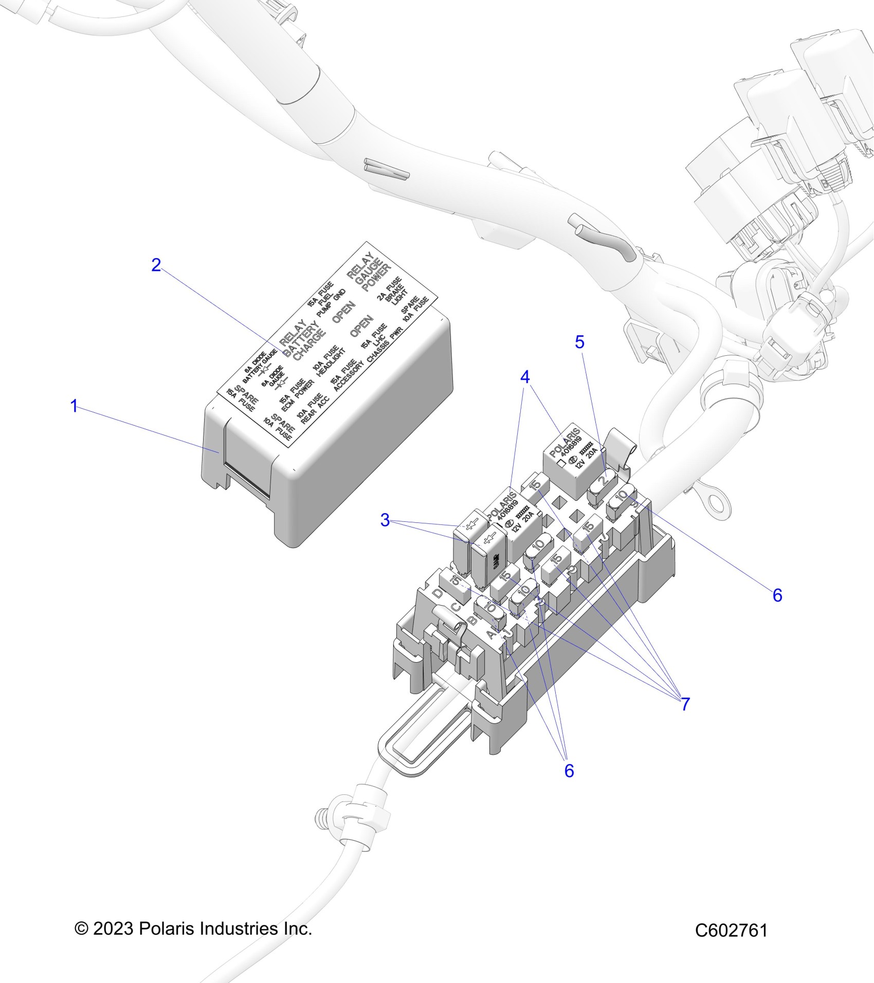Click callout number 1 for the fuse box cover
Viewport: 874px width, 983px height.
click(x=74, y=406)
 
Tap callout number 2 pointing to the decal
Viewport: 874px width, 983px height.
click(x=156, y=265)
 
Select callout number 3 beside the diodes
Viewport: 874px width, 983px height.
click(x=385, y=520)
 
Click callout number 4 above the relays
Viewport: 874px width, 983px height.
click(x=524, y=377)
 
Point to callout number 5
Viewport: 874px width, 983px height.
click(x=580, y=342)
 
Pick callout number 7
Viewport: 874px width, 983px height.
click(x=685, y=704)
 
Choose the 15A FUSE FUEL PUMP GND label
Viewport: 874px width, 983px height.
click(x=326, y=301)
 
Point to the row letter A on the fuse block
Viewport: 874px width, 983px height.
click(x=491, y=635)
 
